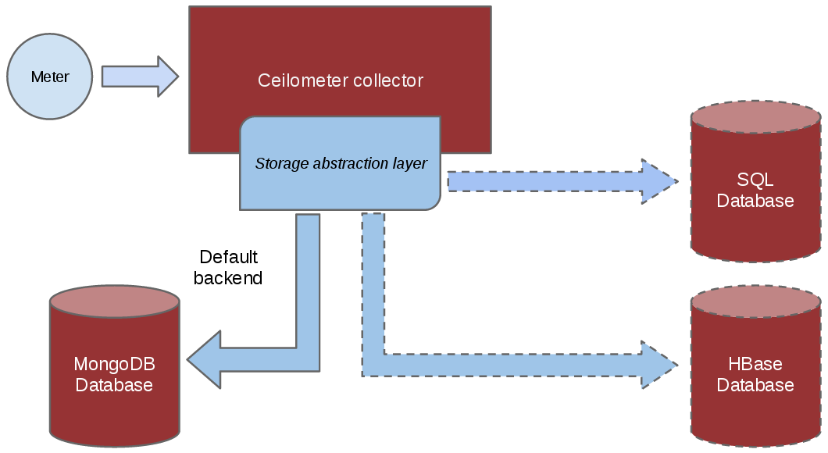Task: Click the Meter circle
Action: pos(50,77)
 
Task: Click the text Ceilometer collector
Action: pos(341,80)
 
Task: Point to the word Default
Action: pos(228,257)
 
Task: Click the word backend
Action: pos(228,277)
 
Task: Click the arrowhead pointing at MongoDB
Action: pos(205,359)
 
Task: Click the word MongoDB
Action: pos(114,364)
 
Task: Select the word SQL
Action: pos(755,180)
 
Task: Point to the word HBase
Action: pos(755,364)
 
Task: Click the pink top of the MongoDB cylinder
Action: pos(114,301)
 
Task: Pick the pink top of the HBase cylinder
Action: pos(755,302)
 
